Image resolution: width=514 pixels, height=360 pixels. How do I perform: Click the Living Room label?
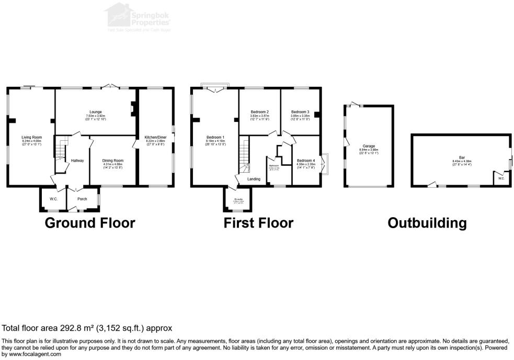pyautogui.click(x=31, y=138)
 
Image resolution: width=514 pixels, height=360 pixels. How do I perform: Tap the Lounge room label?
pyautogui.click(x=95, y=112)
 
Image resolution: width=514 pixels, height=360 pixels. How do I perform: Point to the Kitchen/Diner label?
pyautogui.click(x=155, y=138)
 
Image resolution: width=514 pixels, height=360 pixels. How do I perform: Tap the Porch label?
pyautogui.click(x=82, y=199)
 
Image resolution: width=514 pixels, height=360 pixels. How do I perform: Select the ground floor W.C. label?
pyautogui.click(x=53, y=199)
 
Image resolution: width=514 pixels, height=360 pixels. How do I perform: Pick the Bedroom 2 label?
pyautogui.click(x=259, y=112)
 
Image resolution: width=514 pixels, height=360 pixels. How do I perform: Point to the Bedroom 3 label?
pyautogui.click(x=300, y=112)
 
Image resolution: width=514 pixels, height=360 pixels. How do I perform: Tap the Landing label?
pyautogui.click(x=254, y=179)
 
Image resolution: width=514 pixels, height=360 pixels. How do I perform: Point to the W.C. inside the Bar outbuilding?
pyautogui.click(x=501, y=178)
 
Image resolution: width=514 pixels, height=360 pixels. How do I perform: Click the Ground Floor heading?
pyautogui.click(x=90, y=223)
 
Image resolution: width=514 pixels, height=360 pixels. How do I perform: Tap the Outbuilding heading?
pyautogui.click(x=427, y=223)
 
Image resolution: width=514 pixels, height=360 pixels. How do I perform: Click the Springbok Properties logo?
pyautogui.click(x=137, y=17)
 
